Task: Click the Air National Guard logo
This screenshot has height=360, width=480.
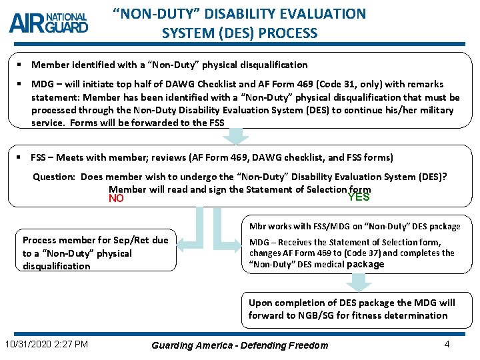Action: [x=49, y=23]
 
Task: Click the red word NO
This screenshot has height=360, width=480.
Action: [x=116, y=199]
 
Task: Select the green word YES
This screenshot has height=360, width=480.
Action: [x=359, y=197]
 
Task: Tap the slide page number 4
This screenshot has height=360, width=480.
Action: [x=446, y=344]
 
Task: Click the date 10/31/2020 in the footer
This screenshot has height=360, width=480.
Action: [x=28, y=344]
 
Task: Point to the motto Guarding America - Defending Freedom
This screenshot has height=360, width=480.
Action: [x=240, y=345]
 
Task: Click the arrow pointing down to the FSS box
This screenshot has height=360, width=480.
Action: [x=235, y=136]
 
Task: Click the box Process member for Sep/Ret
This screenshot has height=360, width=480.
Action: [x=96, y=253]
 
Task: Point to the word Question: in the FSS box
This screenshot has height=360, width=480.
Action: [x=55, y=177]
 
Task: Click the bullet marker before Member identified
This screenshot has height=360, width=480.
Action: [x=20, y=65]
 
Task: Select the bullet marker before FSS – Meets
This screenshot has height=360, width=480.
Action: [x=20, y=157]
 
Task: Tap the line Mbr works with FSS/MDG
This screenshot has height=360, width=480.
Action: [x=355, y=226]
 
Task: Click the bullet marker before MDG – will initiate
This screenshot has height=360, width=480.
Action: [x=20, y=85]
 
